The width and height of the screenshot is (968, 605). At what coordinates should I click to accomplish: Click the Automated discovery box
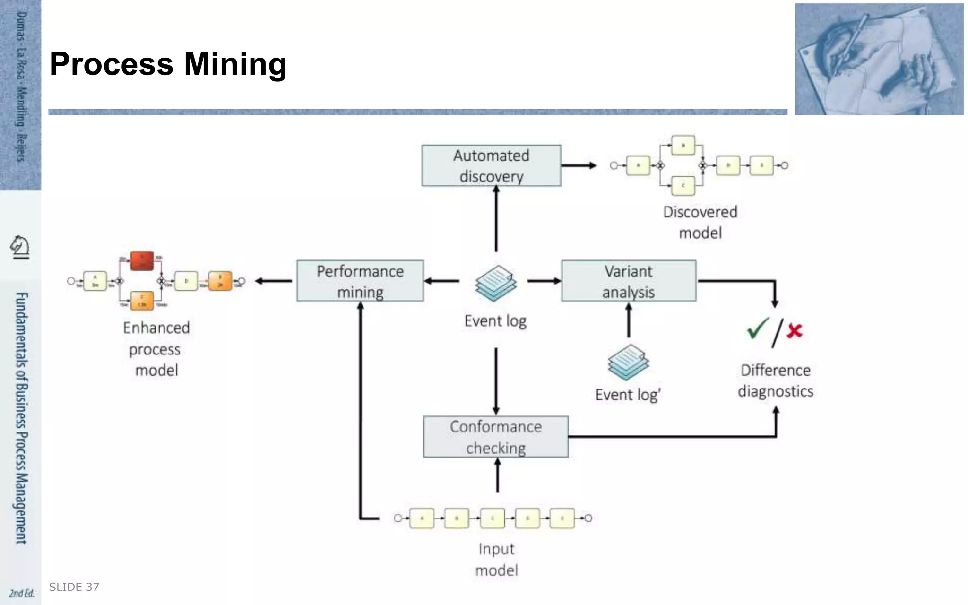pyautogui.click(x=491, y=165)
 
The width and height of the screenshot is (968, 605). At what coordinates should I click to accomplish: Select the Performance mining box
pyautogui.click(x=360, y=281)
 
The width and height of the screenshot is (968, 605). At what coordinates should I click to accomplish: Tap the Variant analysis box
pyautogui.click(x=629, y=281)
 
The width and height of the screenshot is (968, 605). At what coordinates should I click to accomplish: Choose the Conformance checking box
pyautogui.click(x=496, y=437)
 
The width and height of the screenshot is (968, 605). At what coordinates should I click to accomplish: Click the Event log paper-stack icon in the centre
pyautogui.click(x=495, y=283)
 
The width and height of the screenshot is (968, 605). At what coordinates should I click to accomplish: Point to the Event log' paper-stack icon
pyautogui.click(x=628, y=363)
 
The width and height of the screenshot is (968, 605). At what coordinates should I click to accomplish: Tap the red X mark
pyautogui.click(x=795, y=330)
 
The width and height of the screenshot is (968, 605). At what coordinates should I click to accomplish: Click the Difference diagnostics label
pyautogui.click(x=776, y=380)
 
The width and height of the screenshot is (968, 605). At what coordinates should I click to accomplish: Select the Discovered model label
pyautogui.click(x=700, y=222)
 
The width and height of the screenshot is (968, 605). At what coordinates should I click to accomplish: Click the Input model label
pyautogui.click(x=496, y=560)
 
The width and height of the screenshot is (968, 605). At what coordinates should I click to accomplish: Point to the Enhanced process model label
pyautogui.click(x=156, y=349)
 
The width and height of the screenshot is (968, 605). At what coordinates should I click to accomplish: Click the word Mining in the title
pyautogui.click(x=235, y=64)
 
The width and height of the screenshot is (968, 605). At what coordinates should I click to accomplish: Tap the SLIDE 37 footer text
pyautogui.click(x=74, y=587)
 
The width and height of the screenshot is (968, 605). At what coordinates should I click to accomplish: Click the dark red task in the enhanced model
pyautogui.click(x=142, y=260)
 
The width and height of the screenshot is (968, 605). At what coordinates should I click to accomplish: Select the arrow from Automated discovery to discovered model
pyautogui.click(x=579, y=165)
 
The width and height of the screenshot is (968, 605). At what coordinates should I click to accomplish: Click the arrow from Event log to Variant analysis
pyautogui.click(x=544, y=281)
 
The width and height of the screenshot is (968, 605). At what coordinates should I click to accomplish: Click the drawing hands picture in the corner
pyautogui.click(x=879, y=59)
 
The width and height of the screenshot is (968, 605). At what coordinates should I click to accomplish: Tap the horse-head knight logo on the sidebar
pyautogui.click(x=20, y=247)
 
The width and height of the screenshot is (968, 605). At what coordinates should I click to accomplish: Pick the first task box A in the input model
pyautogui.click(x=422, y=518)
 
